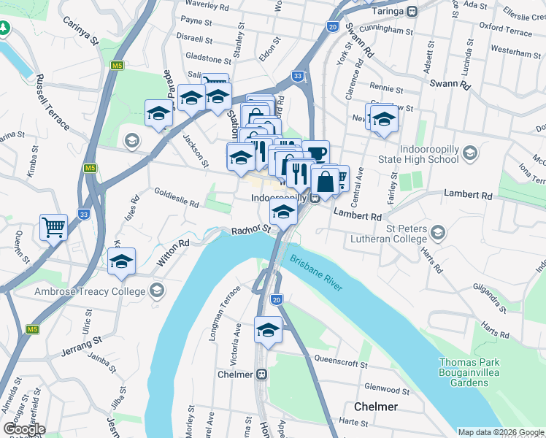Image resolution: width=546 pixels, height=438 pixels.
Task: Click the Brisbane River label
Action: [315, 268]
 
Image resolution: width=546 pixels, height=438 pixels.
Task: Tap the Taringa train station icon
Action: [412, 11]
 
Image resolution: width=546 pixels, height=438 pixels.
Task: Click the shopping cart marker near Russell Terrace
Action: [53, 227]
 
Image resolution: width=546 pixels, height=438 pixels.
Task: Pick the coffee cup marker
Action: [316, 154]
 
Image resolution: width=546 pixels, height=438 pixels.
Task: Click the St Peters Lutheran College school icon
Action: [437, 233]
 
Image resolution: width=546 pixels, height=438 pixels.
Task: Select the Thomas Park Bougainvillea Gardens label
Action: [474, 372]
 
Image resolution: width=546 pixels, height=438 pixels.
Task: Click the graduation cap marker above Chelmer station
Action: [268, 331]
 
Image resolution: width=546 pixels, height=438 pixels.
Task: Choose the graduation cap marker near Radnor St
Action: [283, 213]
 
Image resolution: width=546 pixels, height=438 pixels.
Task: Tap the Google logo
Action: [23, 429]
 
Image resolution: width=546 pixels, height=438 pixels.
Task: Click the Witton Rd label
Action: [173, 253]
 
